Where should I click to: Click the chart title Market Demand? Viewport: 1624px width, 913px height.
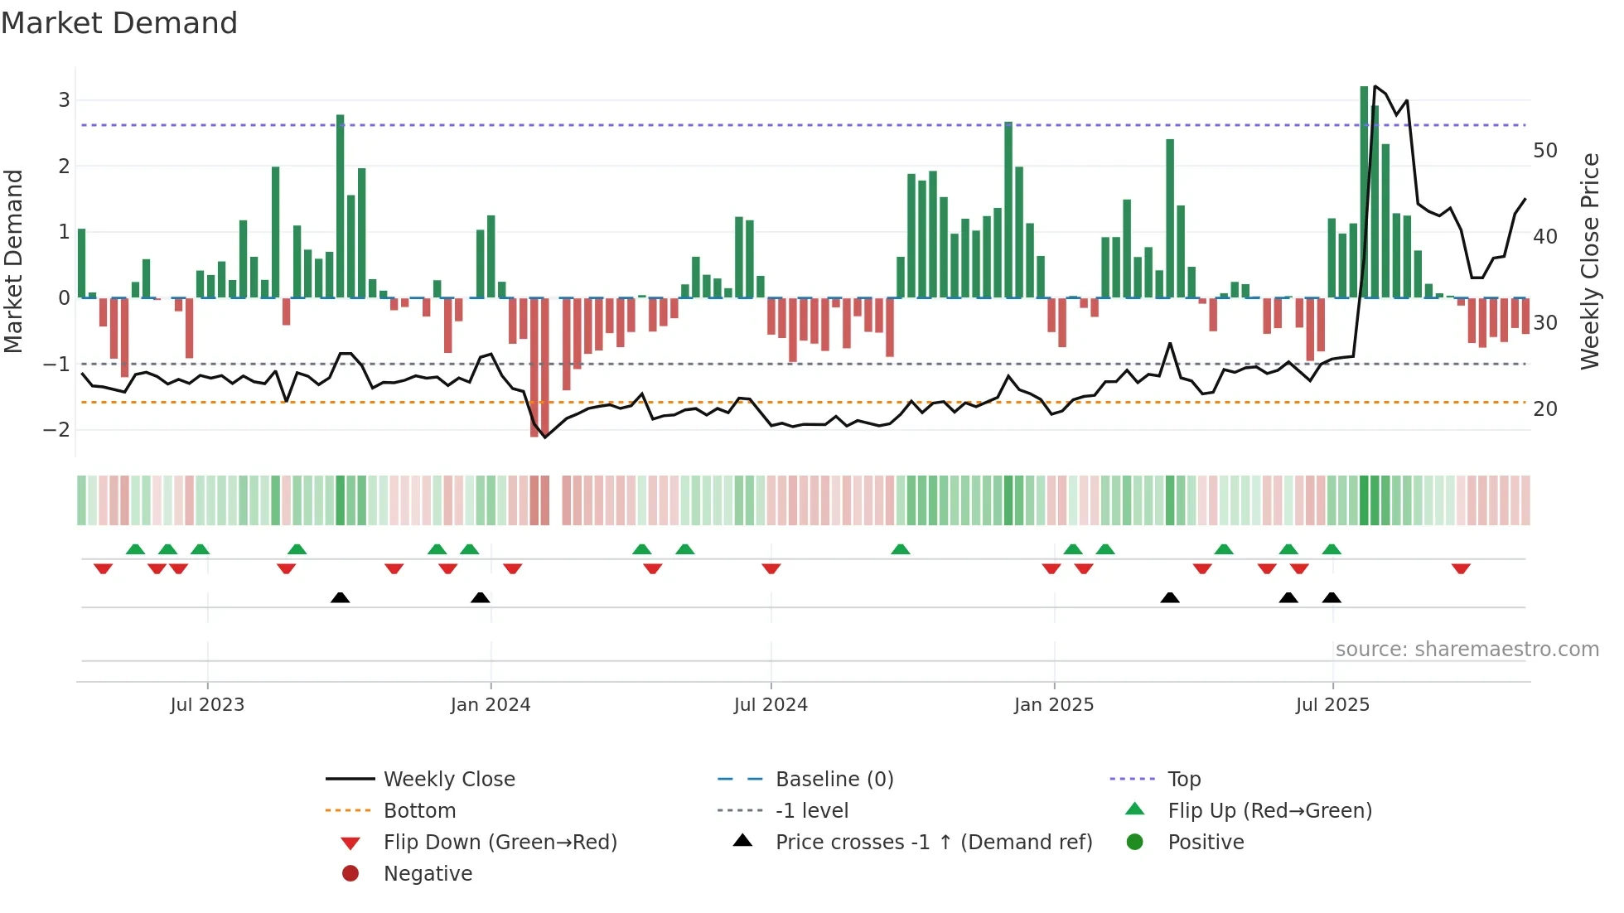(119, 23)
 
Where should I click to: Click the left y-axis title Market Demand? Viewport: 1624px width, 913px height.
(13, 261)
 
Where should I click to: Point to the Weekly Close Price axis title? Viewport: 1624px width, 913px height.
(1589, 261)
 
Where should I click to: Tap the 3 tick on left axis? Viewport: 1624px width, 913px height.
(64, 100)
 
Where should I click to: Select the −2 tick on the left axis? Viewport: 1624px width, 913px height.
(57, 430)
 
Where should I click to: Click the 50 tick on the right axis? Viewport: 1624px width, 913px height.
(1544, 151)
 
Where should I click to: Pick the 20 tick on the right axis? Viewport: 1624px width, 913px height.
(1544, 409)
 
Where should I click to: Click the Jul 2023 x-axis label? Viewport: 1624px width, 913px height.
(207, 705)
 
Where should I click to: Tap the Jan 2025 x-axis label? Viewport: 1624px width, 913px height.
(1054, 705)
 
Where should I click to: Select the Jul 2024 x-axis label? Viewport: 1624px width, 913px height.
(771, 705)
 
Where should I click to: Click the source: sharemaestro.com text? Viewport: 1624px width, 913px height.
(1467, 650)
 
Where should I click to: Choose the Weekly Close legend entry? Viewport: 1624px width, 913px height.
(448, 780)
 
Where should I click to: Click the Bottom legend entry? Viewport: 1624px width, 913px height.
(419, 811)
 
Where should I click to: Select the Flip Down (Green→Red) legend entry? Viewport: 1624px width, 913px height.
(500, 843)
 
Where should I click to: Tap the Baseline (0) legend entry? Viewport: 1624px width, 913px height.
(834, 780)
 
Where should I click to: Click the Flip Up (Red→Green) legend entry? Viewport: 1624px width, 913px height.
(1269, 811)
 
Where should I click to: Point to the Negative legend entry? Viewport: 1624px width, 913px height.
(428, 874)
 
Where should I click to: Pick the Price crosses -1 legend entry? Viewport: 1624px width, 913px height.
(933, 843)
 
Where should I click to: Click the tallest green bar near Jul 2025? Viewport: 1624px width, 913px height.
(1364, 191)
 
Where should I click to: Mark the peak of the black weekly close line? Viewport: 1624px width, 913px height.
(1375, 86)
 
